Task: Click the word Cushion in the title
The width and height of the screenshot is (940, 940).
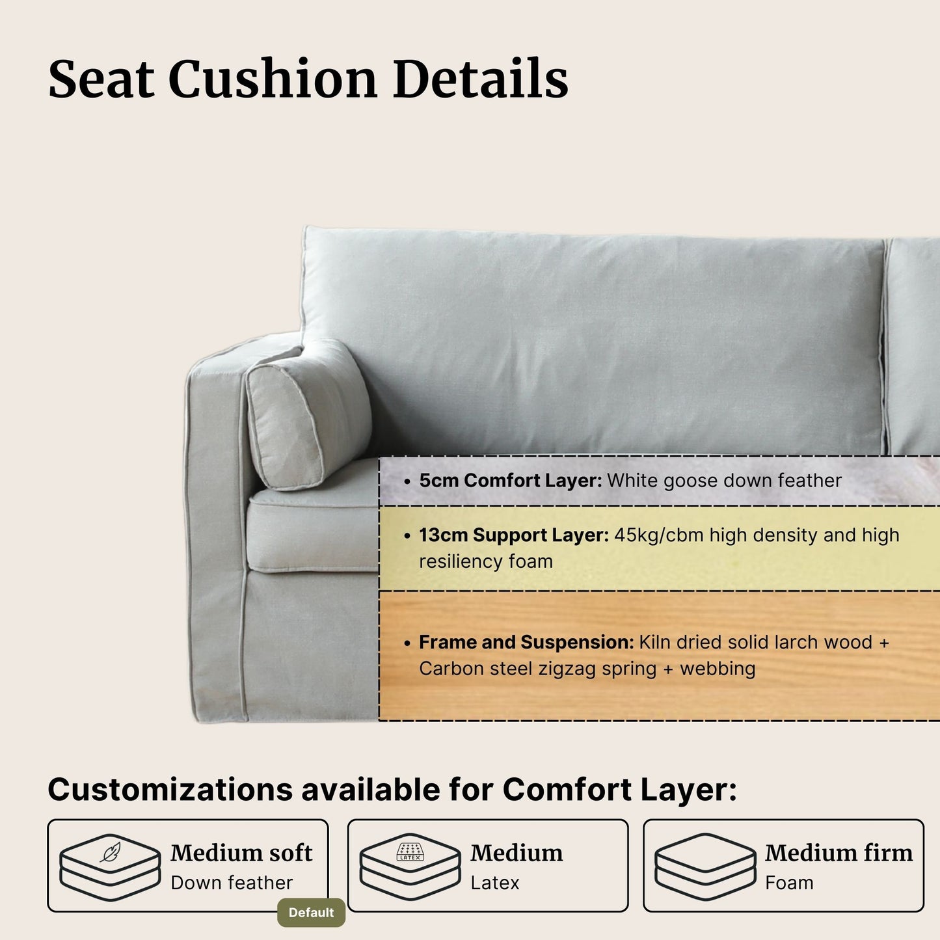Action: coord(273,79)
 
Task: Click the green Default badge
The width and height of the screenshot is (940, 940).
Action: coord(311,913)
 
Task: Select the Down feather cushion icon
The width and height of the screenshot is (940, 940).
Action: coord(110,866)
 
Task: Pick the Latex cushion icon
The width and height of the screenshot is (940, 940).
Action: coord(410,866)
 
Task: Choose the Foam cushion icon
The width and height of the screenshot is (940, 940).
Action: coord(705,866)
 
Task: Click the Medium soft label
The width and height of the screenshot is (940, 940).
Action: coord(241,853)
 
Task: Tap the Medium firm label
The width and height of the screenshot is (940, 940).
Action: coord(839,853)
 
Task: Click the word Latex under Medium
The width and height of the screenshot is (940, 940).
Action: coord(495,883)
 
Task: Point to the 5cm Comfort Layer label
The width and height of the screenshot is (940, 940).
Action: coord(510,481)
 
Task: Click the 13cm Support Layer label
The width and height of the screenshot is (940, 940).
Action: coord(513,535)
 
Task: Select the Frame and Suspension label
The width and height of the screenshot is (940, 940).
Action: coord(526,642)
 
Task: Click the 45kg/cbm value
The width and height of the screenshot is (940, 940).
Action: coord(658,535)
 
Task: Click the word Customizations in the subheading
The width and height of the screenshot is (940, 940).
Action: coord(170,790)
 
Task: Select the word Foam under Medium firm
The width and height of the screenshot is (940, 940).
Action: coord(789,883)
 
